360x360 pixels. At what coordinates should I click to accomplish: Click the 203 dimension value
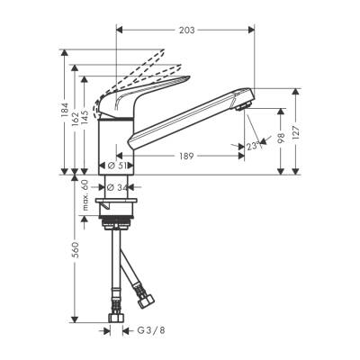pos(185,31)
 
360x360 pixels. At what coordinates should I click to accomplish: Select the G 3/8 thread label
pos(137,331)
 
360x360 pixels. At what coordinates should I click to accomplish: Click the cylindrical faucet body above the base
pos(116,144)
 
